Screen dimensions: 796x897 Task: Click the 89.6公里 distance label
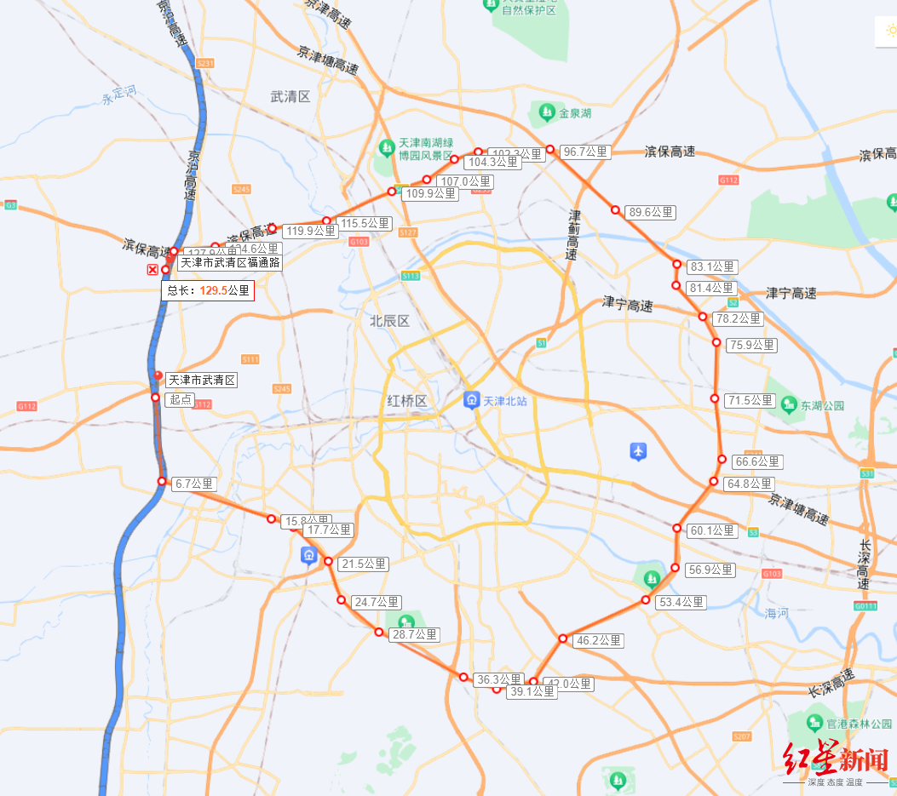point(651,213)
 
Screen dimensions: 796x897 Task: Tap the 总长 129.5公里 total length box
point(208,290)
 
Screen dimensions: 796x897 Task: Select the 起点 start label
point(181,398)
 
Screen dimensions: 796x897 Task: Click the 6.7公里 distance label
point(194,484)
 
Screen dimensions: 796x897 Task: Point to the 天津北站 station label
point(505,400)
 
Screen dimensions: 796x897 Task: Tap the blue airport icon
point(638,451)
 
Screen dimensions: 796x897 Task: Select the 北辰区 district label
point(389,321)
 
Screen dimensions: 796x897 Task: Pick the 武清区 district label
point(290,97)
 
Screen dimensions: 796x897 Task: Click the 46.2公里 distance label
point(599,640)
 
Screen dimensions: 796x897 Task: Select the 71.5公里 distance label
point(750,400)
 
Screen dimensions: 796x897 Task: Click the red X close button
point(152,270)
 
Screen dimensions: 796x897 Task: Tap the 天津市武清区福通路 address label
point(229,262)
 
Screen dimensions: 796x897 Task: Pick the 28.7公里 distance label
point(414,634)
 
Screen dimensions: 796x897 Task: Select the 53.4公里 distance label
point(681,602)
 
